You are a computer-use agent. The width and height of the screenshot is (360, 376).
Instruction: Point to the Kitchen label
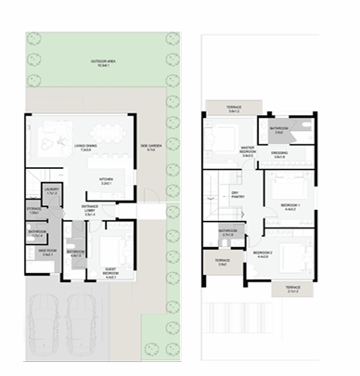tap(108, 181)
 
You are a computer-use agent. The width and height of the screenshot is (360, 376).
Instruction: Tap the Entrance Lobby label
tap(91, 211)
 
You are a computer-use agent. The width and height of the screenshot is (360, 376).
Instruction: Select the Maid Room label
tap(42, 251)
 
